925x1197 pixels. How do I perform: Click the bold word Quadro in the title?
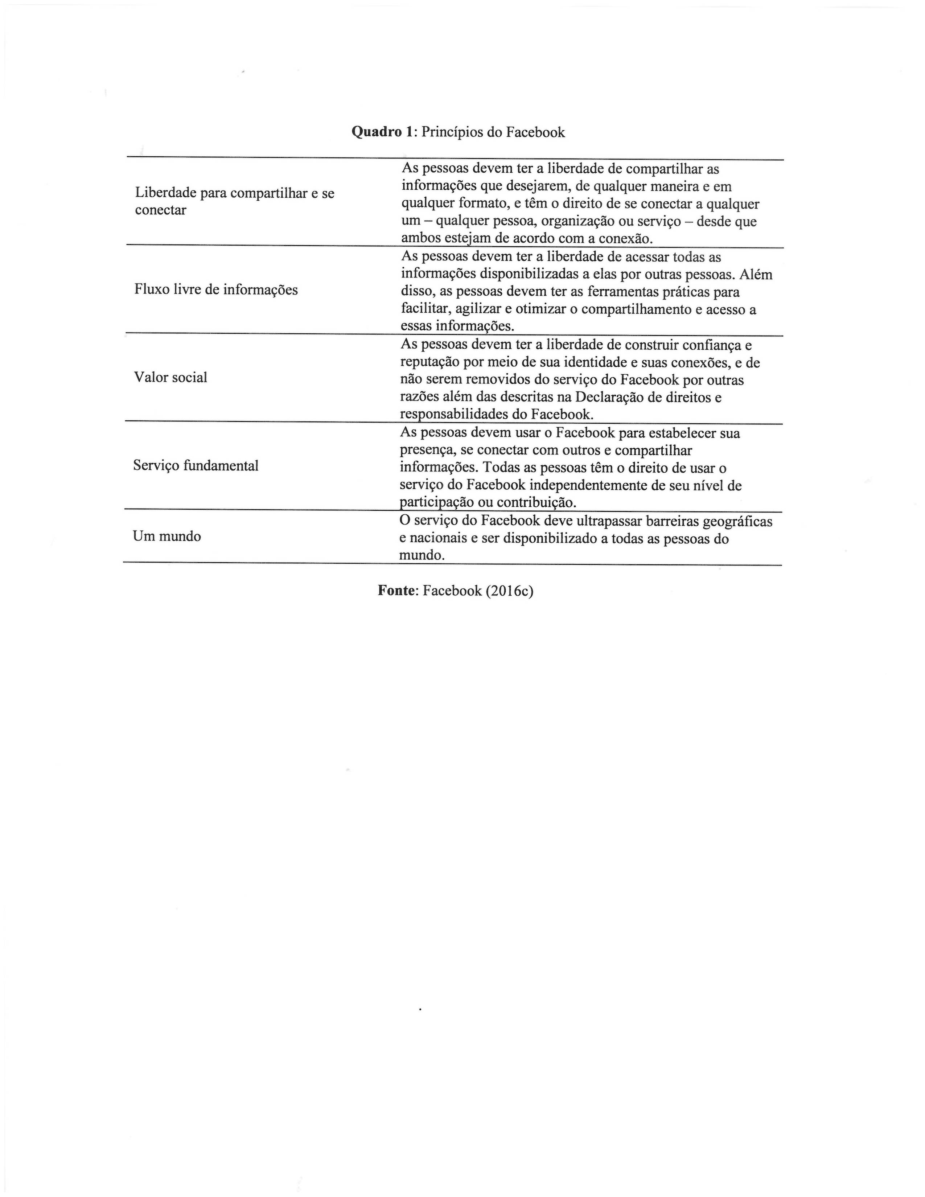click(377, 132)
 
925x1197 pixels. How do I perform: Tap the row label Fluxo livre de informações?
click(216, 289)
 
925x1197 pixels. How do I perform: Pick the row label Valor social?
click(170, 377)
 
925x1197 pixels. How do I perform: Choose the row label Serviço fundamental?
click(196, 465)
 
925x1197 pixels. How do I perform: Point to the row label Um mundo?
click(166, 536)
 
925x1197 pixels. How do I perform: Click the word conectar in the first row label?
click(161, 210)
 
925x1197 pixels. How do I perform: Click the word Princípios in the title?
click(461, 132)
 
